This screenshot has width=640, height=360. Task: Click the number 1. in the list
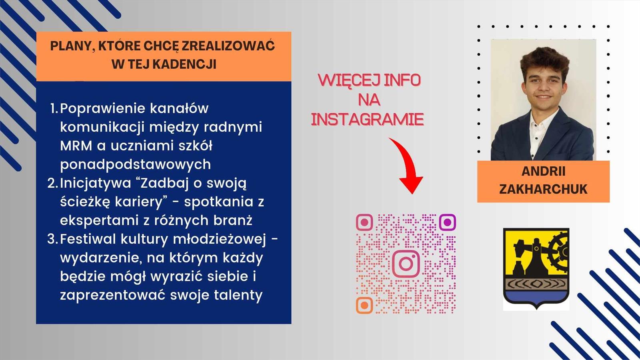pos(54,108)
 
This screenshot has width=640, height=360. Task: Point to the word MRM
pos(76,146)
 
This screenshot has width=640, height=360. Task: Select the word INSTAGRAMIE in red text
pos(367,120)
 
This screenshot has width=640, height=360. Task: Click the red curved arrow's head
pos(411,184)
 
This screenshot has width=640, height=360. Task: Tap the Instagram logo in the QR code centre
pos(406,264)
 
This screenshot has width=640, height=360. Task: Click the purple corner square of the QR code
pos(447,222)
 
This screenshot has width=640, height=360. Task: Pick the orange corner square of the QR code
pos(364,305)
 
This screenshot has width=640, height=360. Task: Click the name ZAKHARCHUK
pos(543,190)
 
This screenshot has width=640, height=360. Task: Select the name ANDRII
pos(544,172)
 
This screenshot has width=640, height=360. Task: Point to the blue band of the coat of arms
pos(536,297)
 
